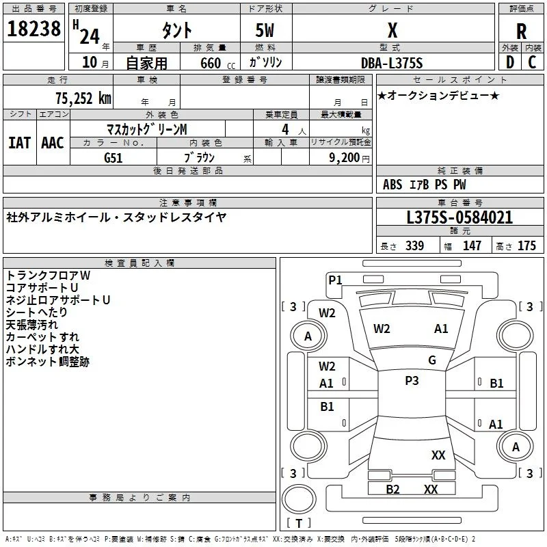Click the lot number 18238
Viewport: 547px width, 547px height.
click(x=34, y=29)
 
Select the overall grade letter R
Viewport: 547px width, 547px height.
click(x=521, y=31)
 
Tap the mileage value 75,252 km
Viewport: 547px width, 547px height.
click(x=83, y=98)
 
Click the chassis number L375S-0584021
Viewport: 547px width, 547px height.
click(x=459, y=217)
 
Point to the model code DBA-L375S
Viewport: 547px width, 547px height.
click(x=392, y=63)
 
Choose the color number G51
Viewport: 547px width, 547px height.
click(x=114, y=158)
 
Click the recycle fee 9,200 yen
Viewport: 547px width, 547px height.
click(x=349, y=158)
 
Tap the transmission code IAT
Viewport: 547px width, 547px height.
click(x=20, y=143)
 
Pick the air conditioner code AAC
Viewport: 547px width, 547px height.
click(x=53, y=143)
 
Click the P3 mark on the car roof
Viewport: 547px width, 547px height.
click(x=412, y=381)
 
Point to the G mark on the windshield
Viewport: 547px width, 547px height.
click(x=432, y=360)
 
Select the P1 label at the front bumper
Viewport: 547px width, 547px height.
click(x=335, y=280)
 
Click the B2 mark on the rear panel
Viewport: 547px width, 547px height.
click(x=392, y=490)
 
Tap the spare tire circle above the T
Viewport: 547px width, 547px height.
click(x=299, y=499)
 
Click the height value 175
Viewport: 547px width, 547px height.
click(x=526, y=245)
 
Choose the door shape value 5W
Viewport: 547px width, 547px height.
click(x=265, y=31)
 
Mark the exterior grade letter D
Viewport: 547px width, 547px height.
click(x=510, y=62)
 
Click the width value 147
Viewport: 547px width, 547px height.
click(x=472, y=245)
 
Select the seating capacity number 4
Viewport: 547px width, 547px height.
click(x=285, y=129)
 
